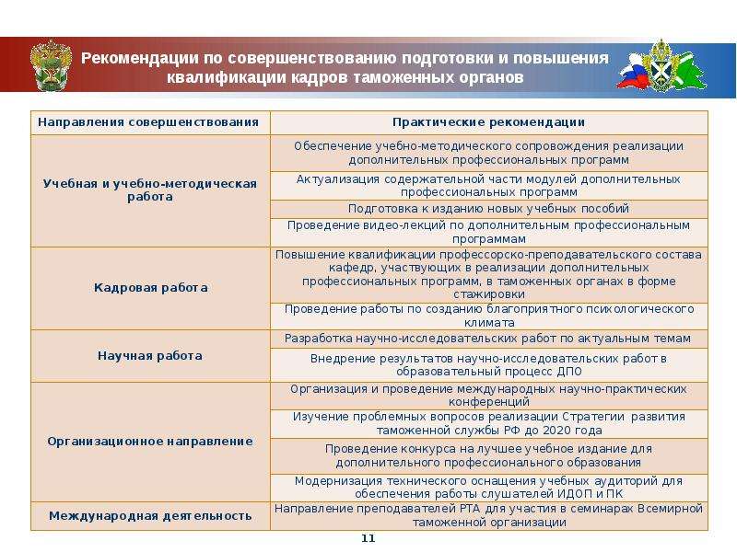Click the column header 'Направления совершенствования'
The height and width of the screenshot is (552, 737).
pyautogui.click(x=150, y=122)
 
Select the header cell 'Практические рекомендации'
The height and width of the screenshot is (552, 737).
pyautogui.click(x=488, y=122)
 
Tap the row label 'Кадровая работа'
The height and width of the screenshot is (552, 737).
pyautogui.click(x=150, y=288)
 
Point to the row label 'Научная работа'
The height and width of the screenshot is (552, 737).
pyautogui.click(x=150, y=355)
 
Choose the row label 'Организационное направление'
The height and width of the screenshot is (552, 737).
pyautogui.click(x=150, y=442)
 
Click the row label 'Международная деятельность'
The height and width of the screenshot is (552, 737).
pyautogui.click(x=150, y=516)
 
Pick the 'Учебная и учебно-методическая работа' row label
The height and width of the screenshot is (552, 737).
pyautogui.click(x=150, y=190)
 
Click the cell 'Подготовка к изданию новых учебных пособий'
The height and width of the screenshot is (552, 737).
pyautogui.click(x=488, y=209)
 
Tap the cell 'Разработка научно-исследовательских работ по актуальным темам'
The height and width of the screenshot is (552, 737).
pyautogui.click(x=488, y=339)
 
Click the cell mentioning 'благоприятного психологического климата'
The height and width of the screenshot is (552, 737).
pyautogui.click(x=488, y=316)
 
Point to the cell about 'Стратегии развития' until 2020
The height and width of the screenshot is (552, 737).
pyautogui.click(x=488, y=423)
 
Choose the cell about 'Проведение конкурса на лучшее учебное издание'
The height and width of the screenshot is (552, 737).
pyautogui.click(x=488, y=454)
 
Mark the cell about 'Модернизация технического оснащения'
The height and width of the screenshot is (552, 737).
pyautogui.click(x=488, y=487)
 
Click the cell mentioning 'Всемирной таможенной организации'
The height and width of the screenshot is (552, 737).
pyautogui.click(x=488, y=515)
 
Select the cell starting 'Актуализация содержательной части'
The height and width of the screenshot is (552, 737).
pyautogui.click(x=488, y=185)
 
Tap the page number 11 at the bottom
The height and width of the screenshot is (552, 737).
pyautogui.click(x=368, y=538)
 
